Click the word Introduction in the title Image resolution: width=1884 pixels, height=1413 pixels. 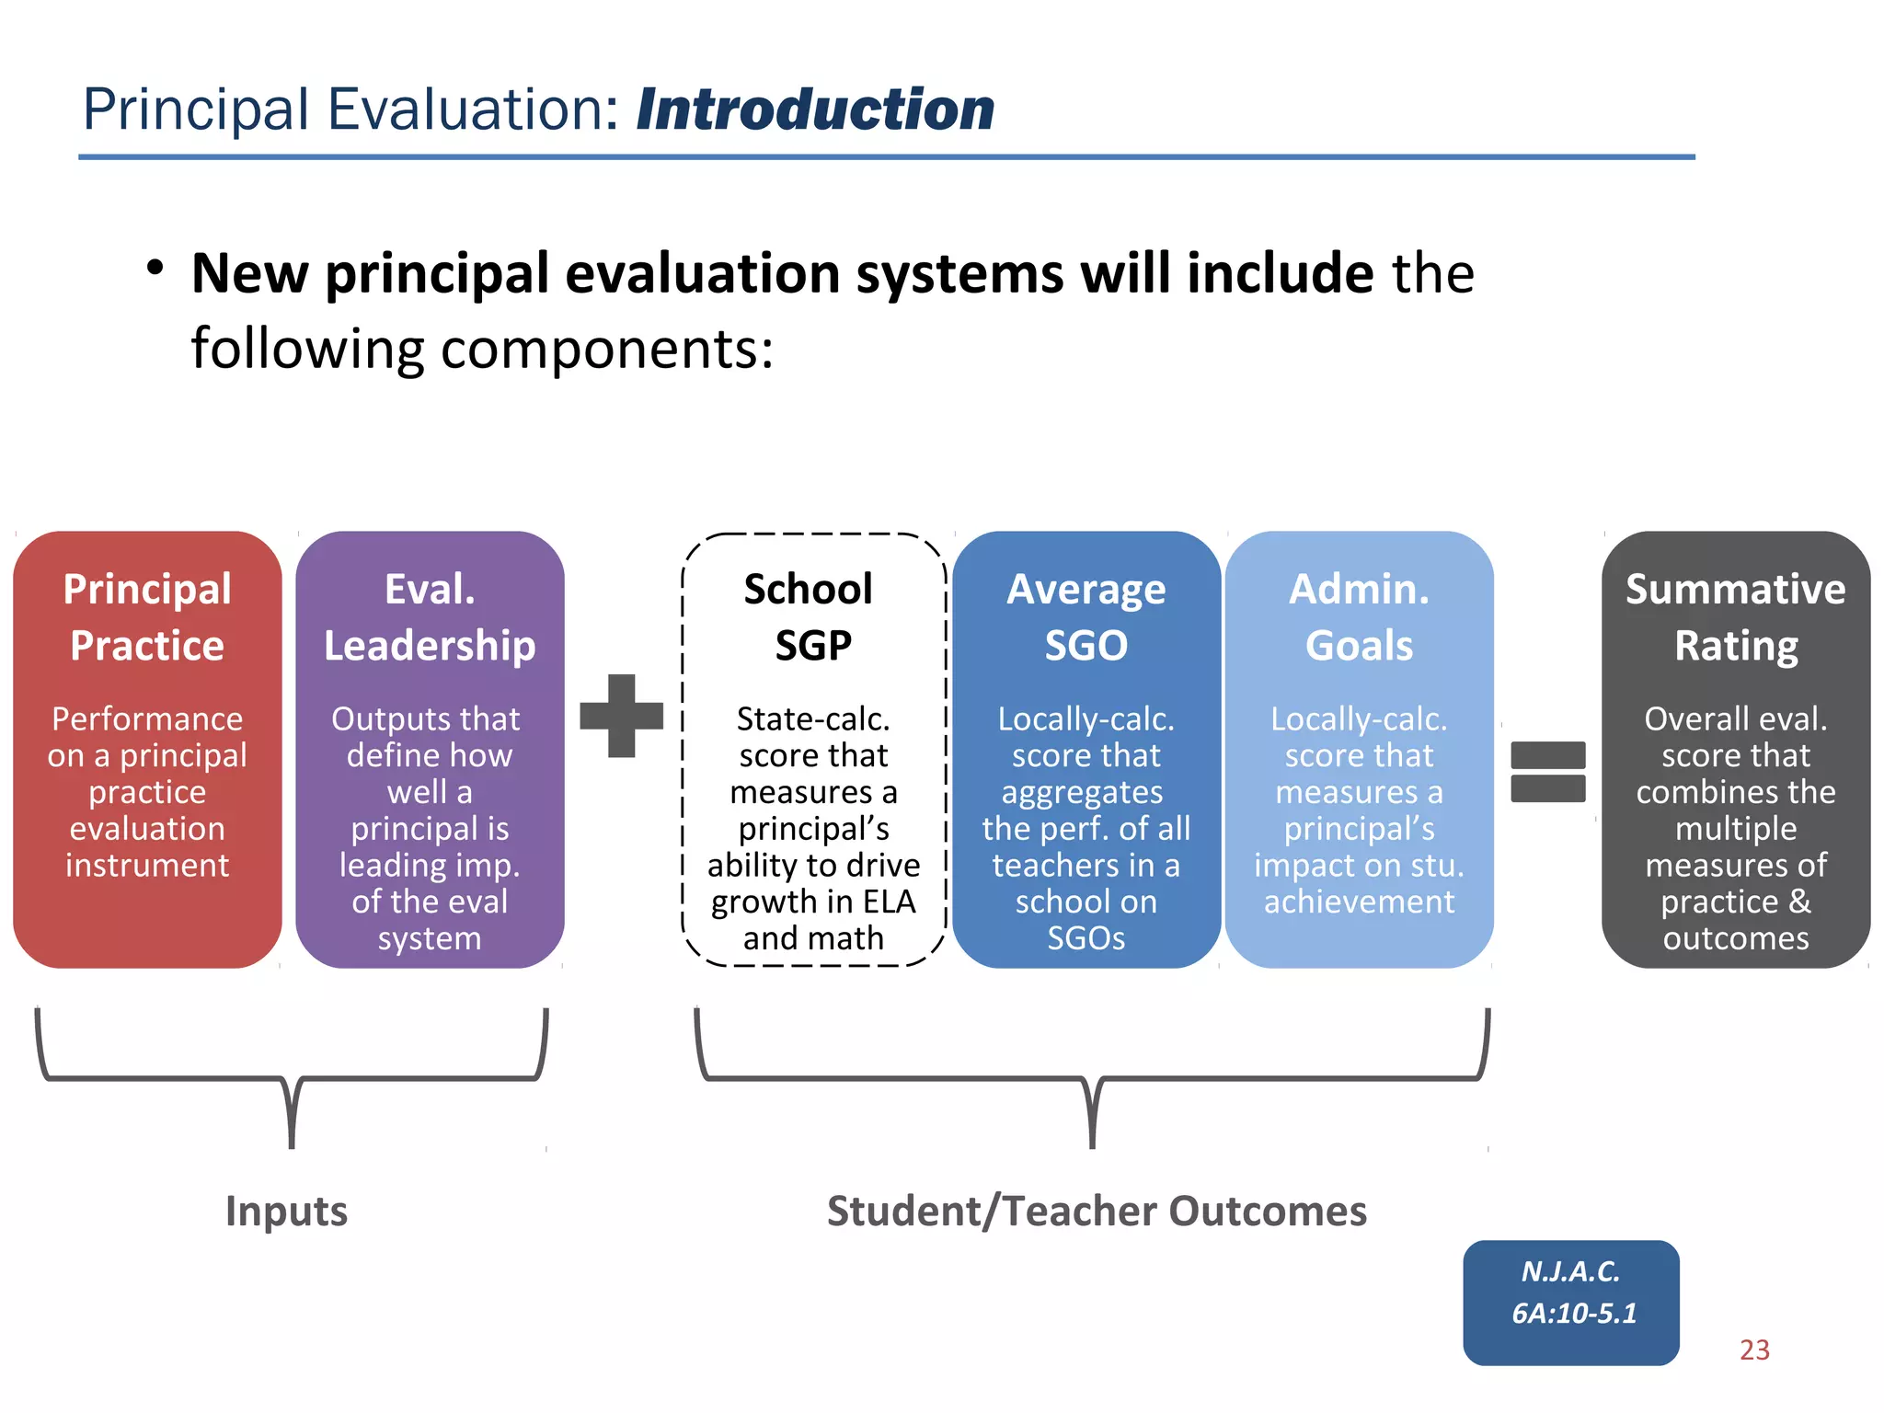coord(815,109)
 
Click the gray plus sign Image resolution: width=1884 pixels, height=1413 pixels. coord(622,716)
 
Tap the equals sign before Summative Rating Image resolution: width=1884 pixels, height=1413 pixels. coord(1547,772)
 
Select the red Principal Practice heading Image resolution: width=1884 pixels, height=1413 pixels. coord(147,616)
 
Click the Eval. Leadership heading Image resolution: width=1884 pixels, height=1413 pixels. coord(430,616)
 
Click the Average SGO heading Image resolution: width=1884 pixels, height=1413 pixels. coord(1086,616)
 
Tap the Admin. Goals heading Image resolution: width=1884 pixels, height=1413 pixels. coord(1359,616)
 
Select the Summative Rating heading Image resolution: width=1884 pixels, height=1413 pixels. coord(1735,616)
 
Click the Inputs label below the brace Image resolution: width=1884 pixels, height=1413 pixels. coord(286,1211)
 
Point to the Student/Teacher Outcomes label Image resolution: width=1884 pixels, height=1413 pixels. coord(1097,1211)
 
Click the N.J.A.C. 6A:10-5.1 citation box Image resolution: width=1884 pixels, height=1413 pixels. coord(1571,1302)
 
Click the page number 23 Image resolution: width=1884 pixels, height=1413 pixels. coord(1754,1350)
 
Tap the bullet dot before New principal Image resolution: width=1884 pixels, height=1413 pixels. coord(155,269)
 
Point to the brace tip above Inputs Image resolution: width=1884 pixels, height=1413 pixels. coord(292,1141)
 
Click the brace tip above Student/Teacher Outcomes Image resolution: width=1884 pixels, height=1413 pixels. coord(1092,1141)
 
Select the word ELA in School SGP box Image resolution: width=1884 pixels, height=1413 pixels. coord(889,902)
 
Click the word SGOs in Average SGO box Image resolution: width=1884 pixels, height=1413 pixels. coord(1086,938)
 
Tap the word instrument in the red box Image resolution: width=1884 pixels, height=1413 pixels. coord(147,865)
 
